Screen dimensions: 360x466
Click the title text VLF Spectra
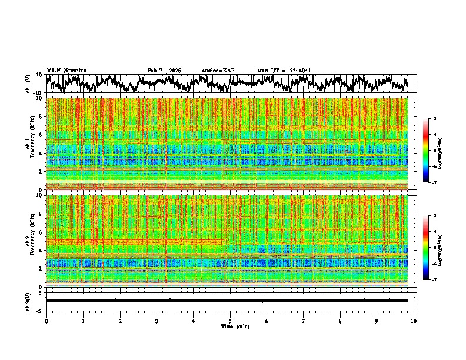[x=66, y=70]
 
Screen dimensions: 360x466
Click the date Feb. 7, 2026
[x=164, y=71]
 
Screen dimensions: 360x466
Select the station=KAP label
[x=218, y=71]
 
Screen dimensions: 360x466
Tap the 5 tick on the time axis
[x=230, y=321]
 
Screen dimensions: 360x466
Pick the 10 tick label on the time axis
[x=414, y=321]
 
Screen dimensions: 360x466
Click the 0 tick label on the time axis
[x=46, y=321]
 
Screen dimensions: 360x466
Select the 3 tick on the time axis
[x=157, y=321]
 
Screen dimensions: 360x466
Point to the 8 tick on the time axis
[x=340, y=321]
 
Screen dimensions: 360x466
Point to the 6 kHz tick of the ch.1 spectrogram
[x=41, y=135]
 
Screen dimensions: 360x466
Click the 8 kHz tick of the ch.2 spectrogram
[x=41, y=214]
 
